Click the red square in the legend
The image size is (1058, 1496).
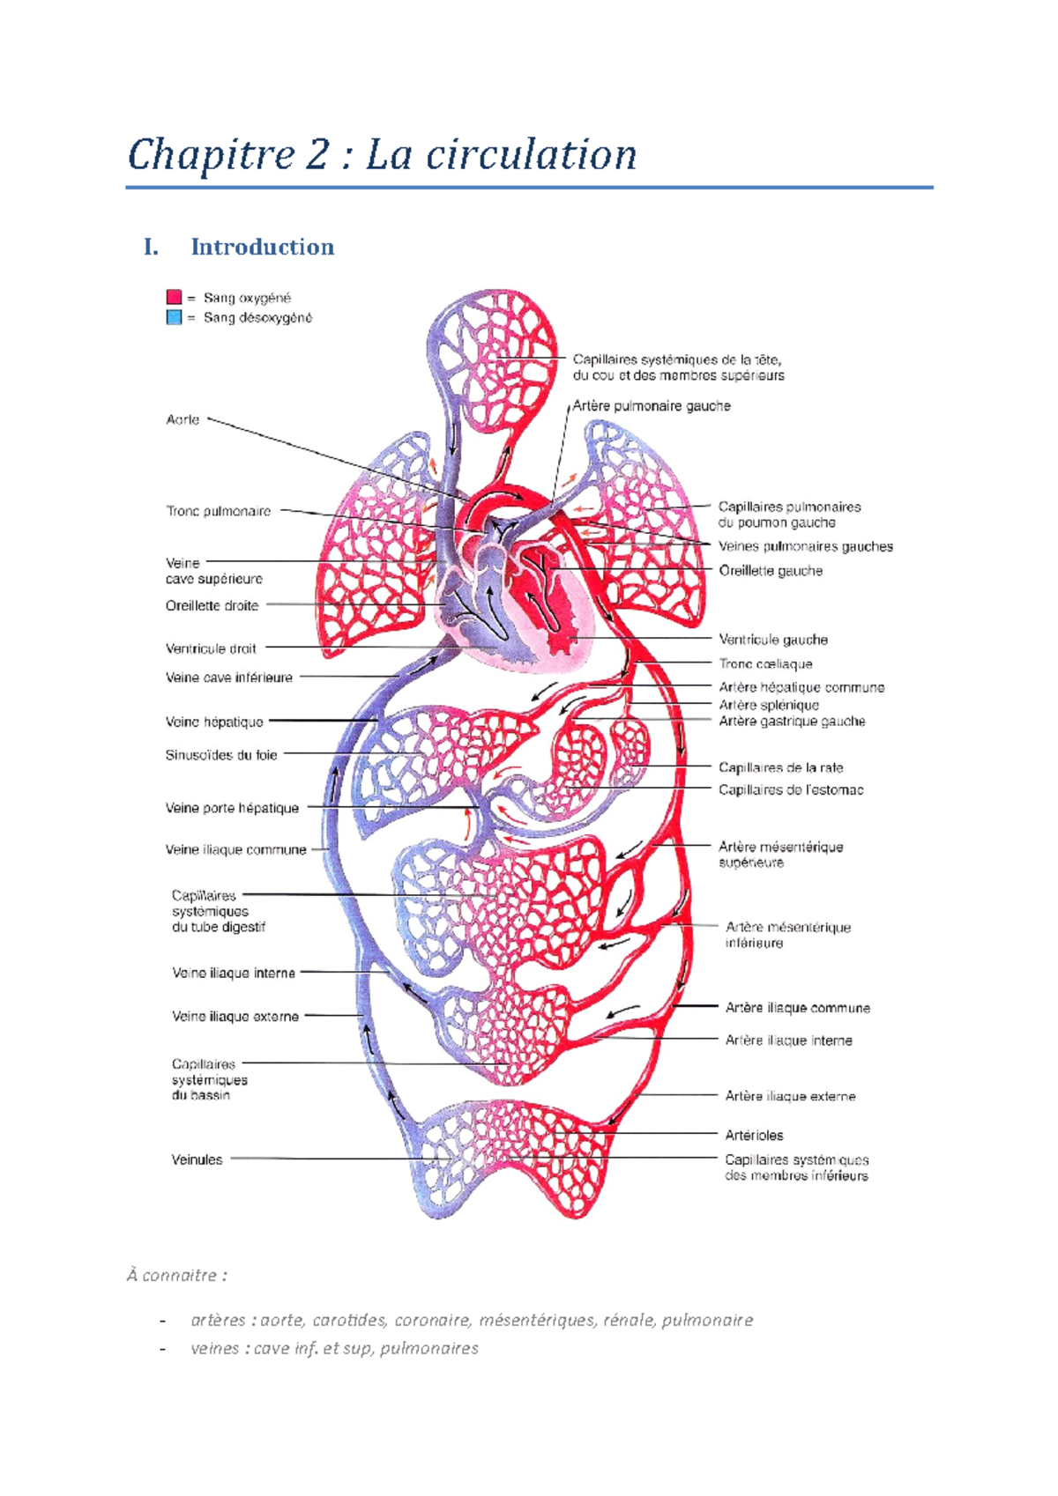[x=174, y=298]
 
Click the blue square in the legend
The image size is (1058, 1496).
[x=174, y=317]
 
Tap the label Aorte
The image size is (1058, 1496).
[x=183, y=420]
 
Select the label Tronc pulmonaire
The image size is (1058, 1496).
[x=218, y=511]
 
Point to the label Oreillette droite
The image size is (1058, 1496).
[x=212, y=606]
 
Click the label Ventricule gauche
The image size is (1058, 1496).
[x=772, y=640]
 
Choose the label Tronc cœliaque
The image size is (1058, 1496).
[x=765, y=664]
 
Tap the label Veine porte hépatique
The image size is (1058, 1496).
[x=232, y=808]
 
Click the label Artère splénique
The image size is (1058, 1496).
[x=768, y=705]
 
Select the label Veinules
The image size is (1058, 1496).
[x=197, y=1159]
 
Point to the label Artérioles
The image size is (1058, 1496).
[x=754, y=1136]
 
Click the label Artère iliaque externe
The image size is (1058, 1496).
[x=790, y=1096]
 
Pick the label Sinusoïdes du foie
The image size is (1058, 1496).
[x=221, y=755]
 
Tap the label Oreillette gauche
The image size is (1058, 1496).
[x=771, y=571]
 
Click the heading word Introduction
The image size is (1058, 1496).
[x=262, y=247]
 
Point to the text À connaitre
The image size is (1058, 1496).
[x=176, y=1275]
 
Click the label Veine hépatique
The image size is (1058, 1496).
[x=214, y=722]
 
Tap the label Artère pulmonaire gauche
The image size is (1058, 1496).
[x=652, y=406]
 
